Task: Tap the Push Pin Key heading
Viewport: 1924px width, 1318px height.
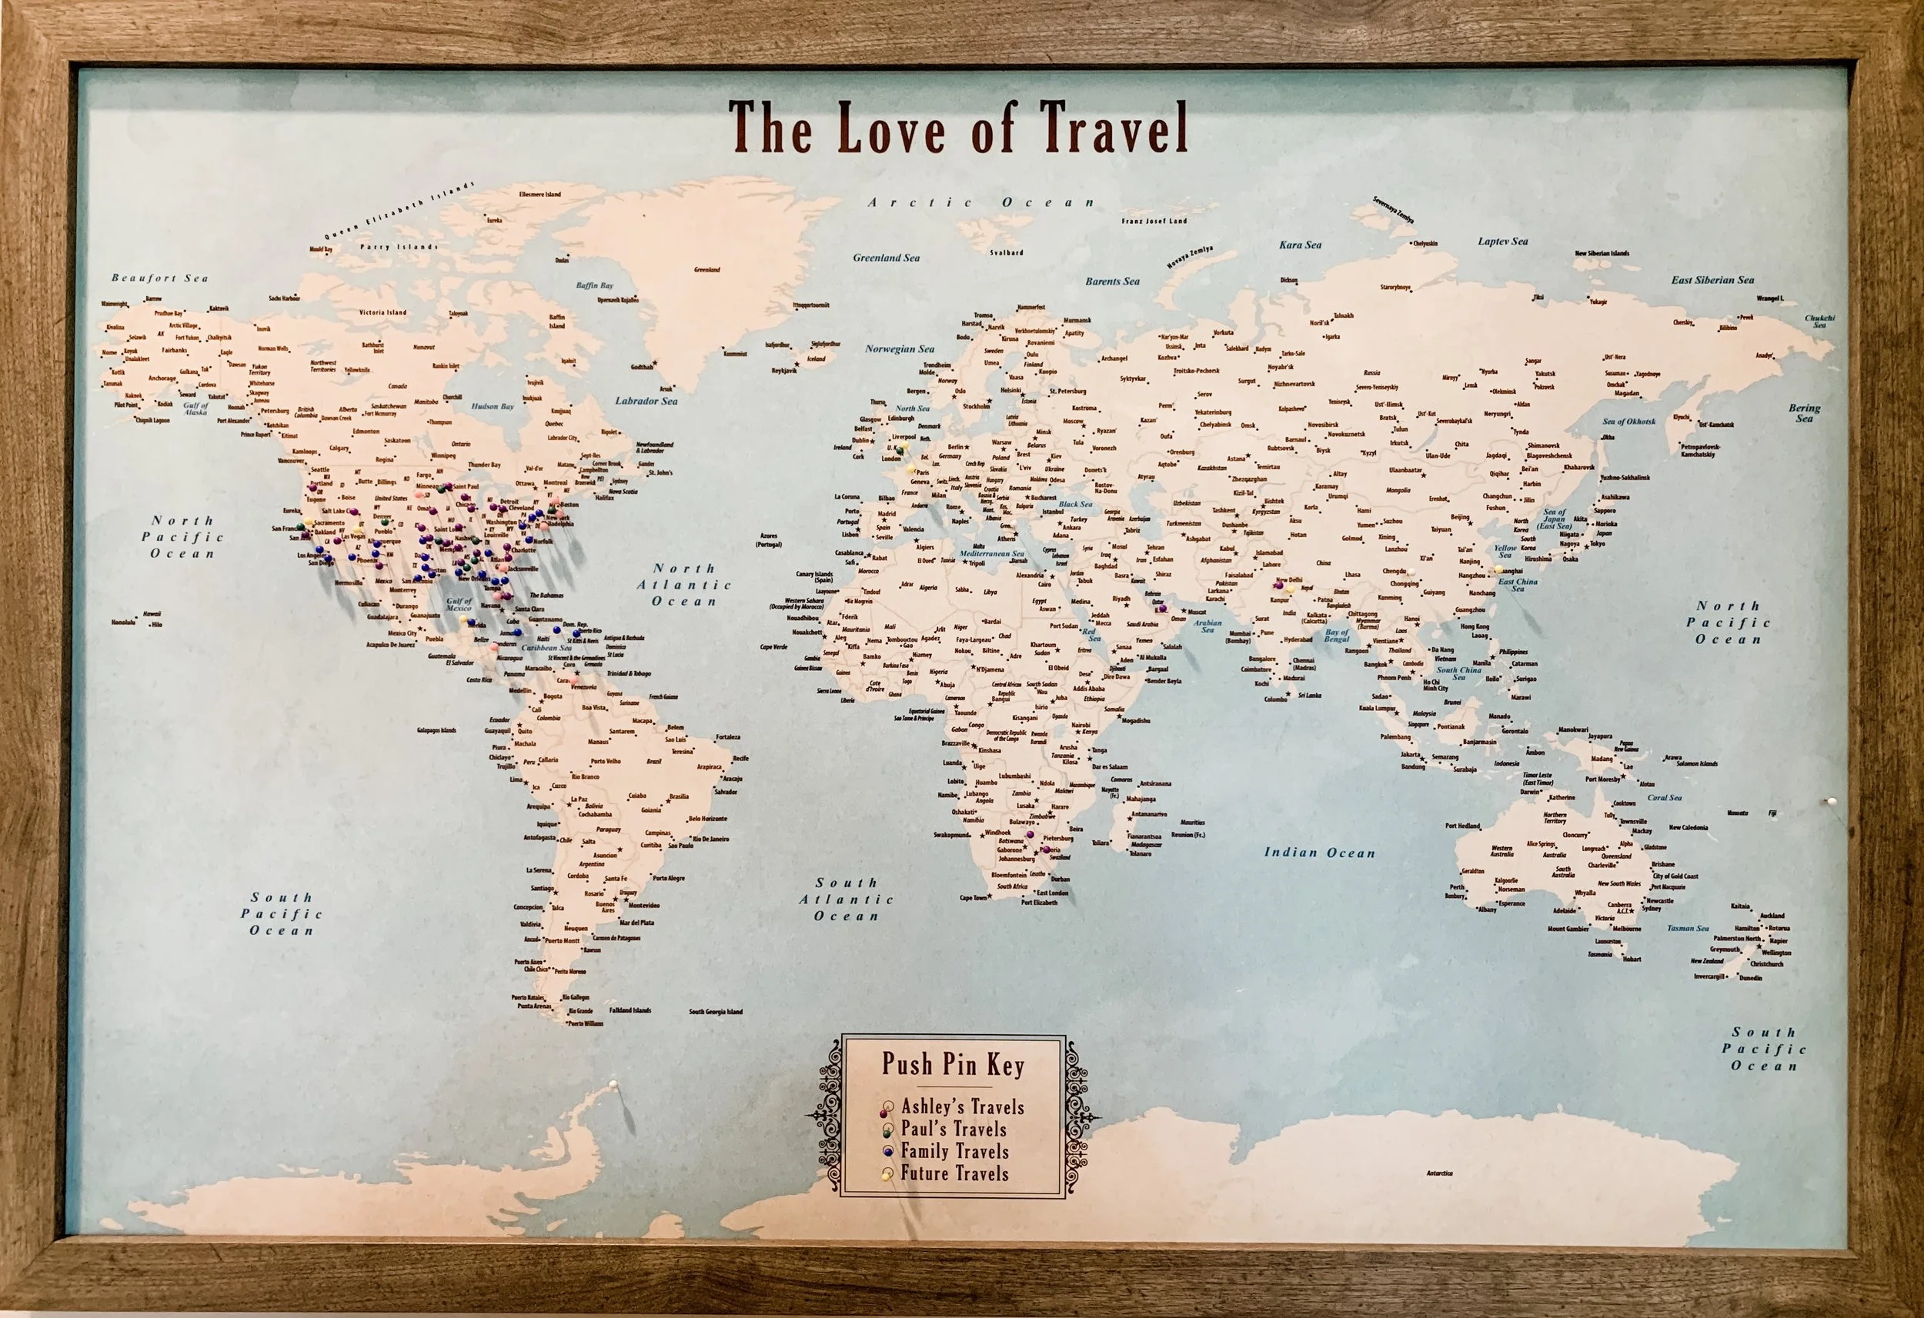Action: pyautogui.click(x=952, y=1064)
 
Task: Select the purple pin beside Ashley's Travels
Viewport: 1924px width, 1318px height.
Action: pyautogui.click(x=888, y=1108)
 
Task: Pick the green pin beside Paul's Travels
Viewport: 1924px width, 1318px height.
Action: pyautogui.click(x=888, y=1129)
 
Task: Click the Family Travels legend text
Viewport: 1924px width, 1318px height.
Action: pyautogui.click(x=954, y=1152)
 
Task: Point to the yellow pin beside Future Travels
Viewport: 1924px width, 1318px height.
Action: pyautogui.click(x=888, y=1173)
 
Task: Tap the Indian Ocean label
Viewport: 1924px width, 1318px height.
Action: pyautogui.click(x=1319, y=852)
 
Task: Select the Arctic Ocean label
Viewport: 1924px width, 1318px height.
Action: pyautogui.click(x=981, y=202)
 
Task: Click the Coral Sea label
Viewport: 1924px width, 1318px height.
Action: pyautogui.click(x=1664, y=797)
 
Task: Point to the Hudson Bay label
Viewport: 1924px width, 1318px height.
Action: pyautogui.click(x=493, y=406)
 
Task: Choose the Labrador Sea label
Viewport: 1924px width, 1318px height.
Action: pyautogui.click(x=646, y=401)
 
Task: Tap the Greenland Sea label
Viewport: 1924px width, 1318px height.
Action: pyautogui.click(x=886, y=258)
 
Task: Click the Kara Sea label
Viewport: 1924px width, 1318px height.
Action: pyautogui.click(x=1301, y=245)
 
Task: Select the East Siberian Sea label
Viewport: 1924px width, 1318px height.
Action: pyautogui.click(x=1712, y=280)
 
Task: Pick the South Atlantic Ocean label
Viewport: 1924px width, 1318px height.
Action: pyautogui.click(x=846, y=899)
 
